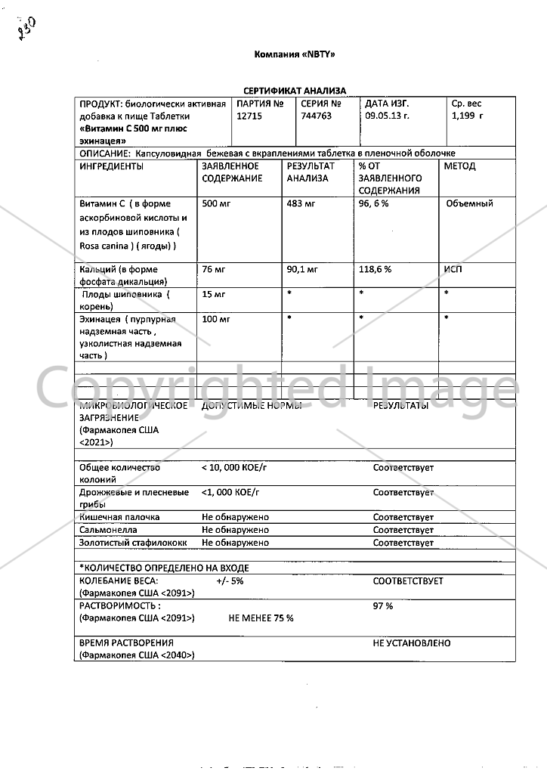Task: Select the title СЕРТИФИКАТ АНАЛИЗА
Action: (294, 91)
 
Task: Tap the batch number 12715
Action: (249, 116)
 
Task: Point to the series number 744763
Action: (316, 116)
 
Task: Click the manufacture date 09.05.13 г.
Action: (387, 116)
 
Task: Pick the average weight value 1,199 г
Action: (467, 116)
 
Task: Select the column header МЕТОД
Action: (459, 166)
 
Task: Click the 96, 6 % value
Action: (374, 204)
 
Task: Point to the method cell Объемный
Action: (469, 203)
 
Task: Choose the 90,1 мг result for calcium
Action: (302, 269)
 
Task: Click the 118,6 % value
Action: (375, 269)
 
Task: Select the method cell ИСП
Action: (452, 269)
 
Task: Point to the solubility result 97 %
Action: (383, 606)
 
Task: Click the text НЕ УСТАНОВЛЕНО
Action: (412, 643)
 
